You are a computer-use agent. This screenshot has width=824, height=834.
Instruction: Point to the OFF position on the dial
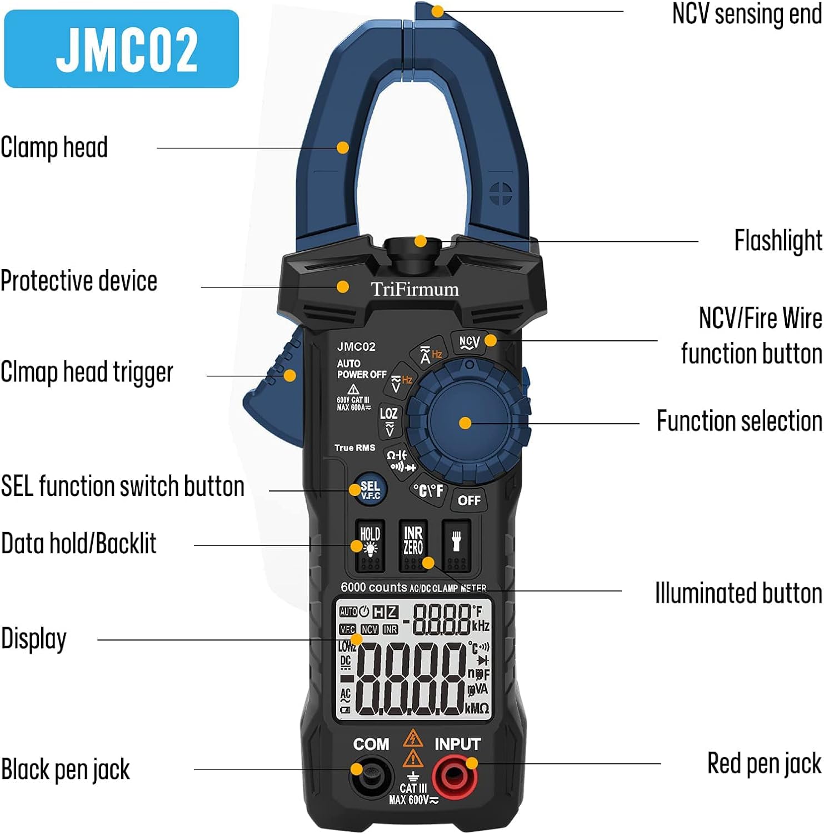coord(469,500)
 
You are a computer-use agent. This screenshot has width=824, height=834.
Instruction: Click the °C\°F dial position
coord(428,491)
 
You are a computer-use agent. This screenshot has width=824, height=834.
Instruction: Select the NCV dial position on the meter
coord(470,343)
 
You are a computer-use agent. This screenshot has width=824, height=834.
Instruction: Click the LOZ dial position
coord(389,421)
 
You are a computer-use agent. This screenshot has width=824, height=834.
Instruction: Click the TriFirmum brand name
coord(415,289)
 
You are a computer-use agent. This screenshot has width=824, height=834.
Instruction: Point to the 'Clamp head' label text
coord(54,148)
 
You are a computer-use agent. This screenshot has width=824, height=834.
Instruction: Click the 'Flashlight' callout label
coord(778,241)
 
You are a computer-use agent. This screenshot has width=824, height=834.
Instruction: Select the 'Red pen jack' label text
coord(764,763)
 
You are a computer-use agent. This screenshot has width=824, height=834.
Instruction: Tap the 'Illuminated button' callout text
coord(738,593)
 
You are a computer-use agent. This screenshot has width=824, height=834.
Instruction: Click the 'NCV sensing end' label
coord(747,14)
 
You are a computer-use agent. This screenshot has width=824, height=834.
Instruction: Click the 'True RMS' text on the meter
coord(354,448)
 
